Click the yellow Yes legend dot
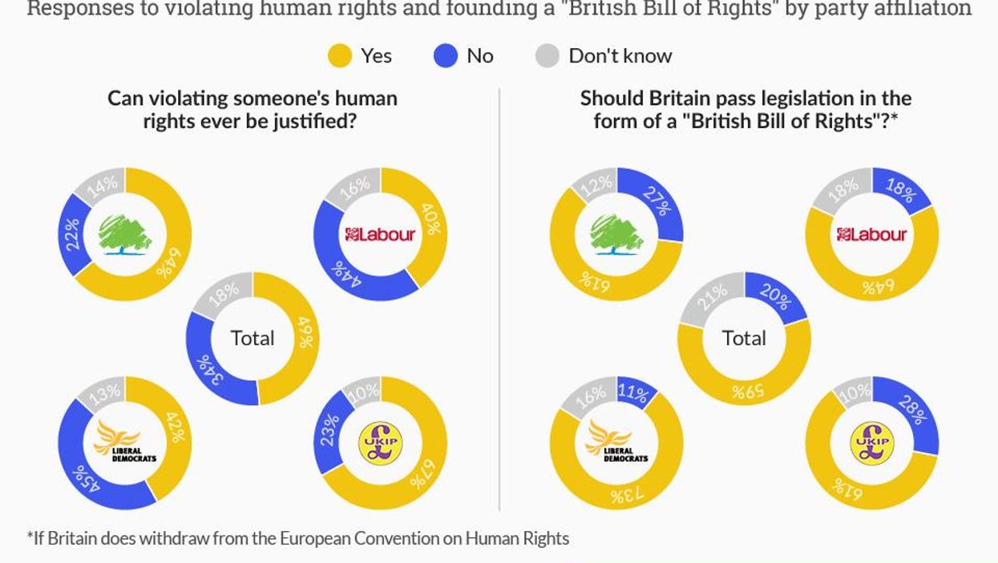click(x=340, y=56)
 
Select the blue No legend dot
click(x=446, y=56)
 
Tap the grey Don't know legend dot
click(x=547, y=56)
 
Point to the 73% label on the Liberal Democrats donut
click(x=626, y=495)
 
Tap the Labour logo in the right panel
click(x=871, y=234)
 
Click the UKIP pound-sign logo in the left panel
click(x=380, y=443)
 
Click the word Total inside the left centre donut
click(x=253, y=338)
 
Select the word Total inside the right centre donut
click(x=744, y=338)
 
